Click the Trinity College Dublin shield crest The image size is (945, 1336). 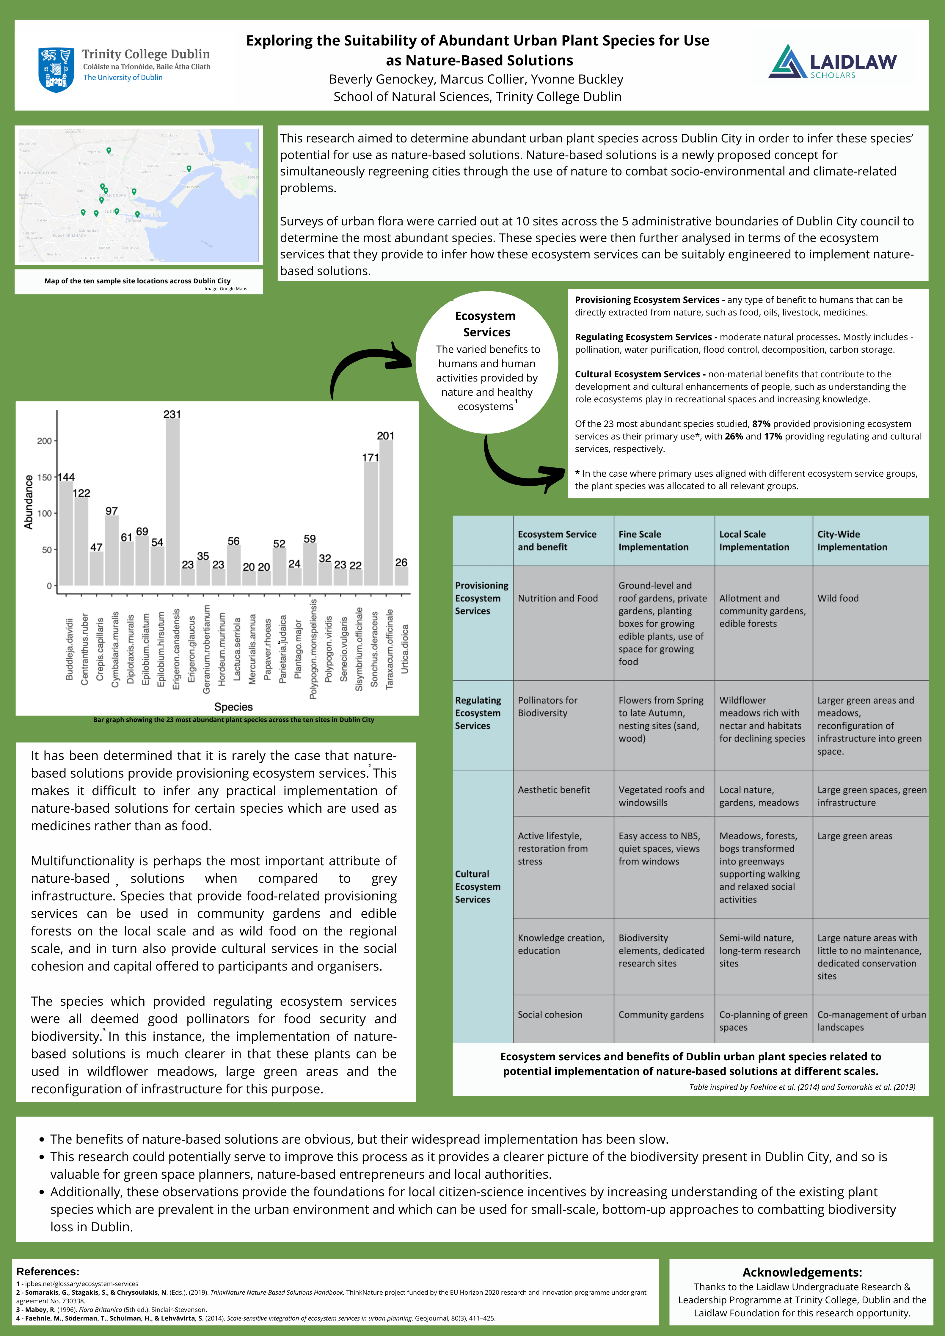point(56,69)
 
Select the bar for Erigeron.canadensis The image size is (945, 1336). point(173,502)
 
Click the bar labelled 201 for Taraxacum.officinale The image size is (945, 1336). point(386,512)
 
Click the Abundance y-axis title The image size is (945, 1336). point(28,502)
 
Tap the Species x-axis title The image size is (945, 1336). point(233,707)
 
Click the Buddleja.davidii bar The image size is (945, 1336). point(66,533)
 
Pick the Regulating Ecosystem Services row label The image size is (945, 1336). point(478,713)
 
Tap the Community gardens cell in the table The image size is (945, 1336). point(661,1014)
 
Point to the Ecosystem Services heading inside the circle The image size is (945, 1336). point(486,324)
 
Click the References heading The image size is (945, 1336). point(48,1271)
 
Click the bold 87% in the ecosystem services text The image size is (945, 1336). point(761,424)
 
